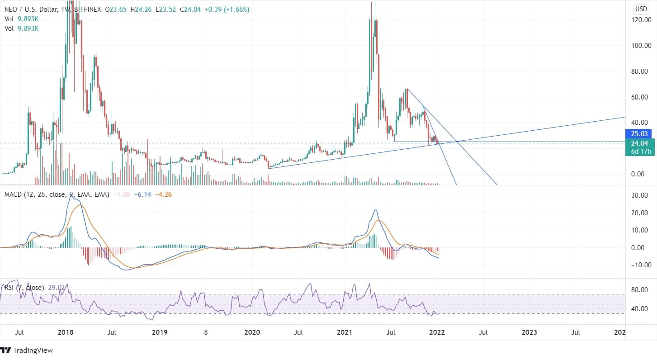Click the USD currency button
[x=641, y=9]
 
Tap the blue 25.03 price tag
[x=638, y=134]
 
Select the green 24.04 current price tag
[x=638, y=143]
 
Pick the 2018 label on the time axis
[x=66, y=332]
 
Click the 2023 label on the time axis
[x=529, y=332]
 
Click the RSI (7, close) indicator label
[x=24, y=288]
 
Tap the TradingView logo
[x=28, y=351]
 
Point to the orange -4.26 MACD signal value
[x=163, y=194]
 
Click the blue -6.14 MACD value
[x=143, y=194]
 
